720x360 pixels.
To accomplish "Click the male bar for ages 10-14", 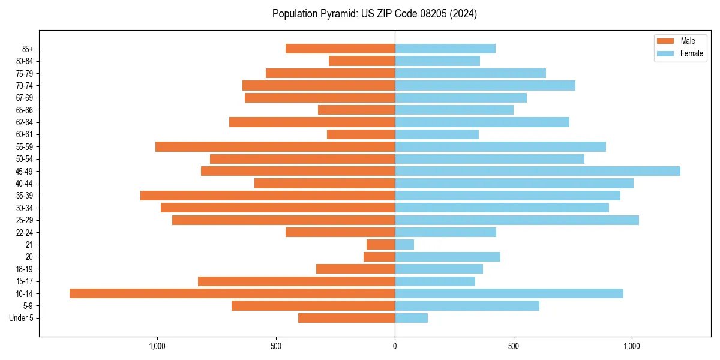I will [x=232, y=293].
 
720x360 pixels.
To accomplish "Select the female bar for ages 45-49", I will [x=538, y=171].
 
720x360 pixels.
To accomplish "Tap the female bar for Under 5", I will [x=411, y=318].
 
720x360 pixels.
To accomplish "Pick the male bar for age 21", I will [x=380, y=245].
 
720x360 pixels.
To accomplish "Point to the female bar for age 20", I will [x=448, y=257].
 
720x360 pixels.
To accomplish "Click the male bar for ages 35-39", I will [x=268, y=196].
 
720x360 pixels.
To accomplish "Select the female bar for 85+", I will [x=445, y=49].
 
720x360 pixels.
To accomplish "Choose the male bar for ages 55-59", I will [x=275, y=146].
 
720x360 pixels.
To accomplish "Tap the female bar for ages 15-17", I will [x=435, y=281].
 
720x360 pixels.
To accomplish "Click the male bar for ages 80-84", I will [x=362, y=61].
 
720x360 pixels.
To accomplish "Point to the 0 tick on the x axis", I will [x=395, y=346].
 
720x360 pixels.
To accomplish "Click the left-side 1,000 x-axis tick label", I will [x=157, y=346].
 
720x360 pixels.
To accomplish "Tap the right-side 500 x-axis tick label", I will [x=513, y=346].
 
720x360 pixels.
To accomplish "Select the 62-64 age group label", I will [x=25, y=122].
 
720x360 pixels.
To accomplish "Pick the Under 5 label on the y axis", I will [x=22, y=318].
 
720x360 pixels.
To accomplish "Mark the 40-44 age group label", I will [x=25, y=184].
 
